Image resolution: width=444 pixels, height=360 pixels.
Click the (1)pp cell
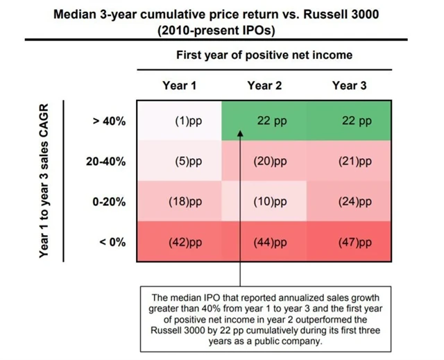(x=179, y=121)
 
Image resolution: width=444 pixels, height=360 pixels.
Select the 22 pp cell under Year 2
(x=266, y=121)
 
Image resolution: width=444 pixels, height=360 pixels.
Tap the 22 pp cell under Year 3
(x=353, y=121)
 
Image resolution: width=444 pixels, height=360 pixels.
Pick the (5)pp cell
(x=179, y=162)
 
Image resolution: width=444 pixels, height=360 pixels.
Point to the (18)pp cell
(x=179, y=202)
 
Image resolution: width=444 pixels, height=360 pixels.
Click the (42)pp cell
(x=179, y=243)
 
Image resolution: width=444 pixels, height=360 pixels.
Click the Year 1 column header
(x=179, y=85)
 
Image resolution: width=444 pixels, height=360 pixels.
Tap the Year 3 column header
(x=349, y=85)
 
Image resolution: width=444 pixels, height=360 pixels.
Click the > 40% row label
(x=109, y=121)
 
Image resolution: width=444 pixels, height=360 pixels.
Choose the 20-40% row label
(x=105, y=162)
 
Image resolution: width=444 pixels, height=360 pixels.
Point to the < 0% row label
(x=110, y=243)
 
